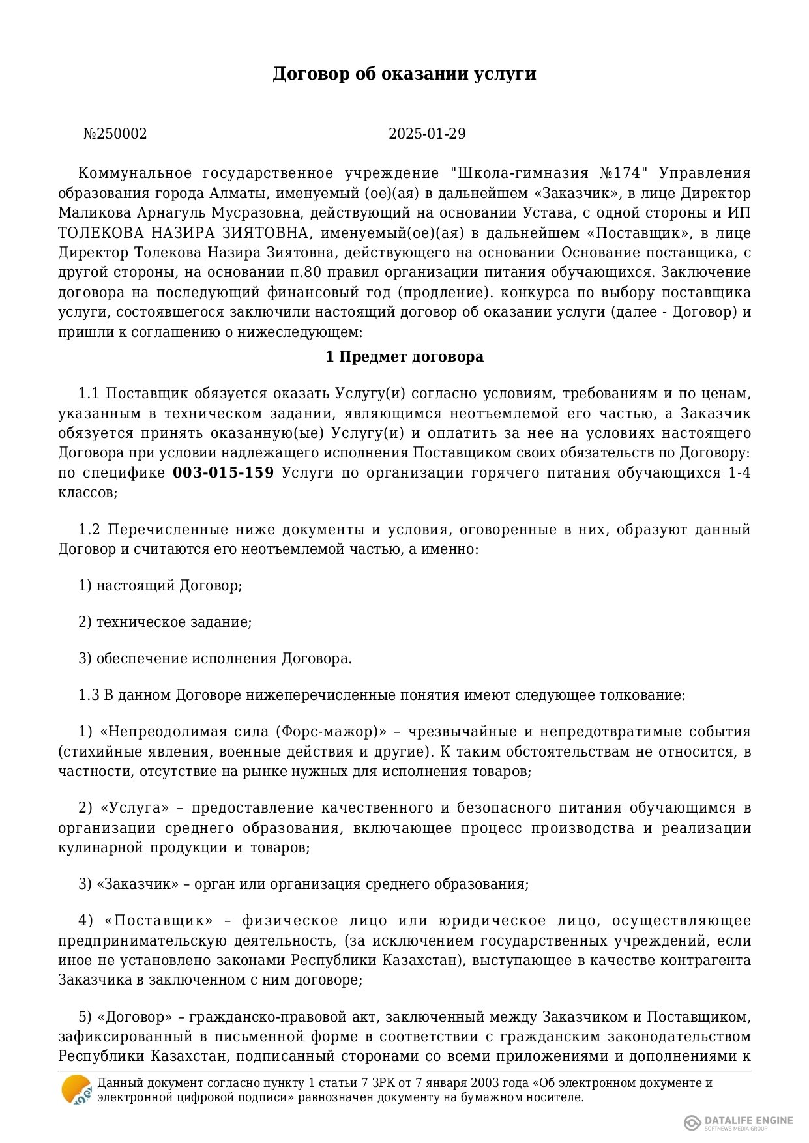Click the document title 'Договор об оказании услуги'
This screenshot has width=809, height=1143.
(404, 74)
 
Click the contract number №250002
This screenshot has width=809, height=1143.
(115, 134)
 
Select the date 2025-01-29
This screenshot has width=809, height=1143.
(427, 134)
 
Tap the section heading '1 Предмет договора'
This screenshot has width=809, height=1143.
(404, 357)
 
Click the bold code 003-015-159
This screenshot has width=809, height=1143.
(223, 473)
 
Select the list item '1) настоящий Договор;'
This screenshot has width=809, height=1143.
(160, 585)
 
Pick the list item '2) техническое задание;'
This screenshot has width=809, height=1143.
(165, 622)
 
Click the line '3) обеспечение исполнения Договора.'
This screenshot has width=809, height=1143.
(215, 658)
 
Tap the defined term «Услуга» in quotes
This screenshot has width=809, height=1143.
(135, 808)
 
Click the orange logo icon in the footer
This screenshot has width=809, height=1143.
(76, 1090)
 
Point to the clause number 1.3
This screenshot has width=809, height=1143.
(89, 695)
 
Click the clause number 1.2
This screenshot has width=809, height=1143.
(89, 529)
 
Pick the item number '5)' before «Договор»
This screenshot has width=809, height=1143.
(85, 1017)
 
